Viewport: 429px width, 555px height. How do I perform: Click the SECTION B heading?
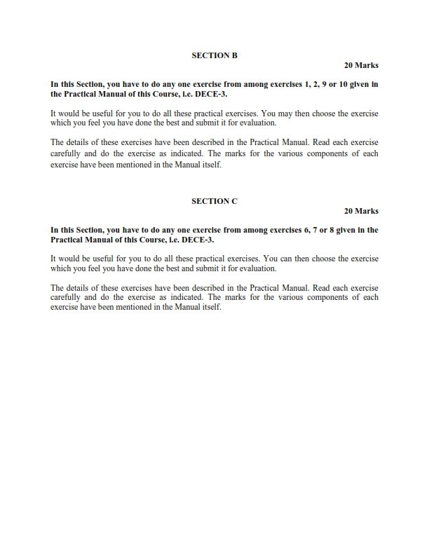click(x=214, y=55)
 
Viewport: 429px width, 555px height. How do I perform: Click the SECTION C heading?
click(x=214, y=200)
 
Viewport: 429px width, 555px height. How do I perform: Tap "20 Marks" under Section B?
click(x=361, y=65)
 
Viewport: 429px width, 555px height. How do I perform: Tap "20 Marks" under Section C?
click(x=361, y=211)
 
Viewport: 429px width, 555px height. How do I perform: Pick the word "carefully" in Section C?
click(x=67, y=296)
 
